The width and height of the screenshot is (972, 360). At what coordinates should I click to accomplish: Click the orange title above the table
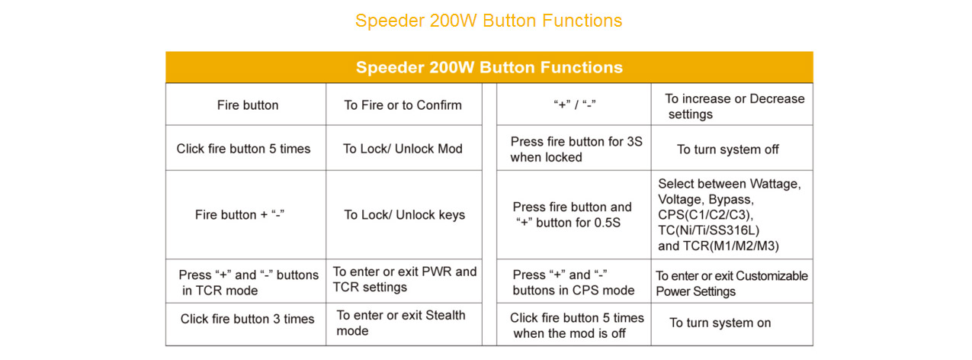(489, 21)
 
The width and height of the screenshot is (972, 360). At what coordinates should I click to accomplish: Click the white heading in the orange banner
(489, 67)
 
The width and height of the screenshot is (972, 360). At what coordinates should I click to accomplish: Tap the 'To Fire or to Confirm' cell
(403, 105)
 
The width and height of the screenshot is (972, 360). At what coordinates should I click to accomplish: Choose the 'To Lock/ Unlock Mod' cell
(403, 149)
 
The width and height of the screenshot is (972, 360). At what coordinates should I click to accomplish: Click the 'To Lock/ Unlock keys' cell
(404, 214)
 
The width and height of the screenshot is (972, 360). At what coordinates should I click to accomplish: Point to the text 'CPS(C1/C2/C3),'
(706, 214)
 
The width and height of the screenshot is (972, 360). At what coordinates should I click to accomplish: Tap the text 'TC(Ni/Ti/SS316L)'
(708, 230)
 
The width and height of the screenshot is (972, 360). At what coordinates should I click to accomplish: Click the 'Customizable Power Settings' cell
(732, 283)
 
